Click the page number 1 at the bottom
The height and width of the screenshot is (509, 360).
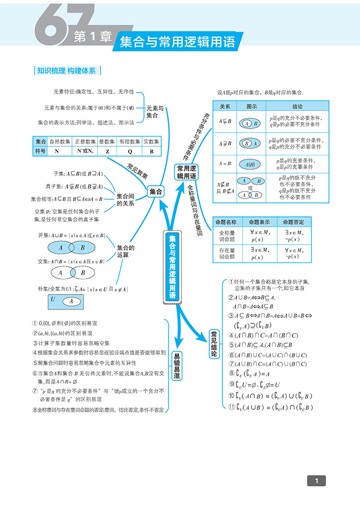[316, 480]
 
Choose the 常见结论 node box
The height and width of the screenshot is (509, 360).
[214, 344]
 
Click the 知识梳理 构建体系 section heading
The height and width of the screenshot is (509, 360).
[66, 71]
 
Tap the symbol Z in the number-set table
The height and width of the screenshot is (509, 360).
[107, 151]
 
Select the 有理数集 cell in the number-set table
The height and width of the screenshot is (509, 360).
[129, 142]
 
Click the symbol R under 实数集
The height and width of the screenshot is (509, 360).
[152, 151]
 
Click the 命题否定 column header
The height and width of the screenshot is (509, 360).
[294, 222]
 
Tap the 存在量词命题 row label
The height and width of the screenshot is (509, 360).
[227, 253]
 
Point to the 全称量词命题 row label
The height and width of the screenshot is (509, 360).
[227, 236]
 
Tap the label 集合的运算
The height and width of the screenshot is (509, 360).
[126, 251]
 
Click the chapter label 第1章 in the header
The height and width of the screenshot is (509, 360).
[93, 37]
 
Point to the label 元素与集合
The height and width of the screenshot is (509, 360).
[155, 112]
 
